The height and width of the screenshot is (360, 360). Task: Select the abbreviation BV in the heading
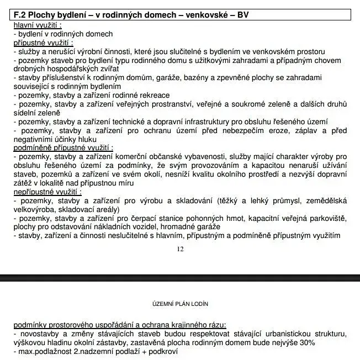[x=243, y=15]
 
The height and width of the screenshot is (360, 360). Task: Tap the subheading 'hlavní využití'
[x=38, y=25]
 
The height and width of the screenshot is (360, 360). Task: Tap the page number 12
[x=180, y=249]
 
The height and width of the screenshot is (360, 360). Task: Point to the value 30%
[x=306, y=343]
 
